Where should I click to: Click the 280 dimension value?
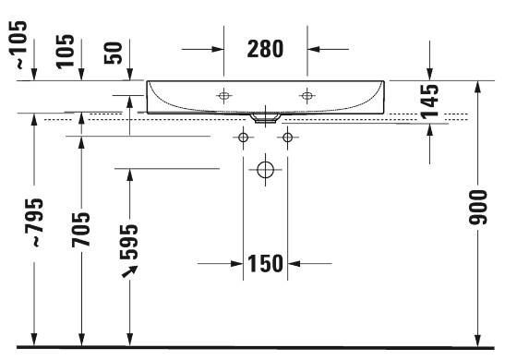click(x=265, y=48)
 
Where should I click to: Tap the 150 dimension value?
click(x=264, y=265)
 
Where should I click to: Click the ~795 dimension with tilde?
click(x=34, y=222)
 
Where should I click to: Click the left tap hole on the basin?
click(x=223, y=95)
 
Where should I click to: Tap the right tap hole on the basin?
click(x=307, y=95)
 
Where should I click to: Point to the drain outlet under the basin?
click(x=265, y=117)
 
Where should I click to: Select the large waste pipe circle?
click(x=266, y=170)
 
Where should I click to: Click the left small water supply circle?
click(x=244, y=138)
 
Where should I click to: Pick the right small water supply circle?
click(x=287, y=138)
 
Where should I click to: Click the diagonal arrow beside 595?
click(x=130, y=270)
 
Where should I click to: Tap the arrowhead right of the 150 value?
click(x=295, y=264)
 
